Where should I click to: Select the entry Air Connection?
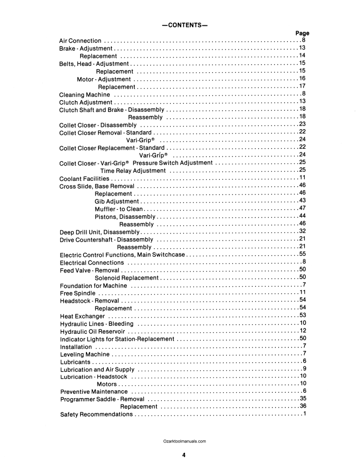(x=80, y=41)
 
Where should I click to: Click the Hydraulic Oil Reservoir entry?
(x=92, y=331)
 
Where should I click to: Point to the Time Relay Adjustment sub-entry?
(x=133, y=170)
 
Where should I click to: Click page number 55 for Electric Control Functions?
(x=303, y=255)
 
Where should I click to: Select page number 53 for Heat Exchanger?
(x=303, y=316)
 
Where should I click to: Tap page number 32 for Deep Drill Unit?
(x=303, y=231)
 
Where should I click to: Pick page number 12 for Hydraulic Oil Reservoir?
(x=303, y=331)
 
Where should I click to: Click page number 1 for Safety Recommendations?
(x=305, y=414)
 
